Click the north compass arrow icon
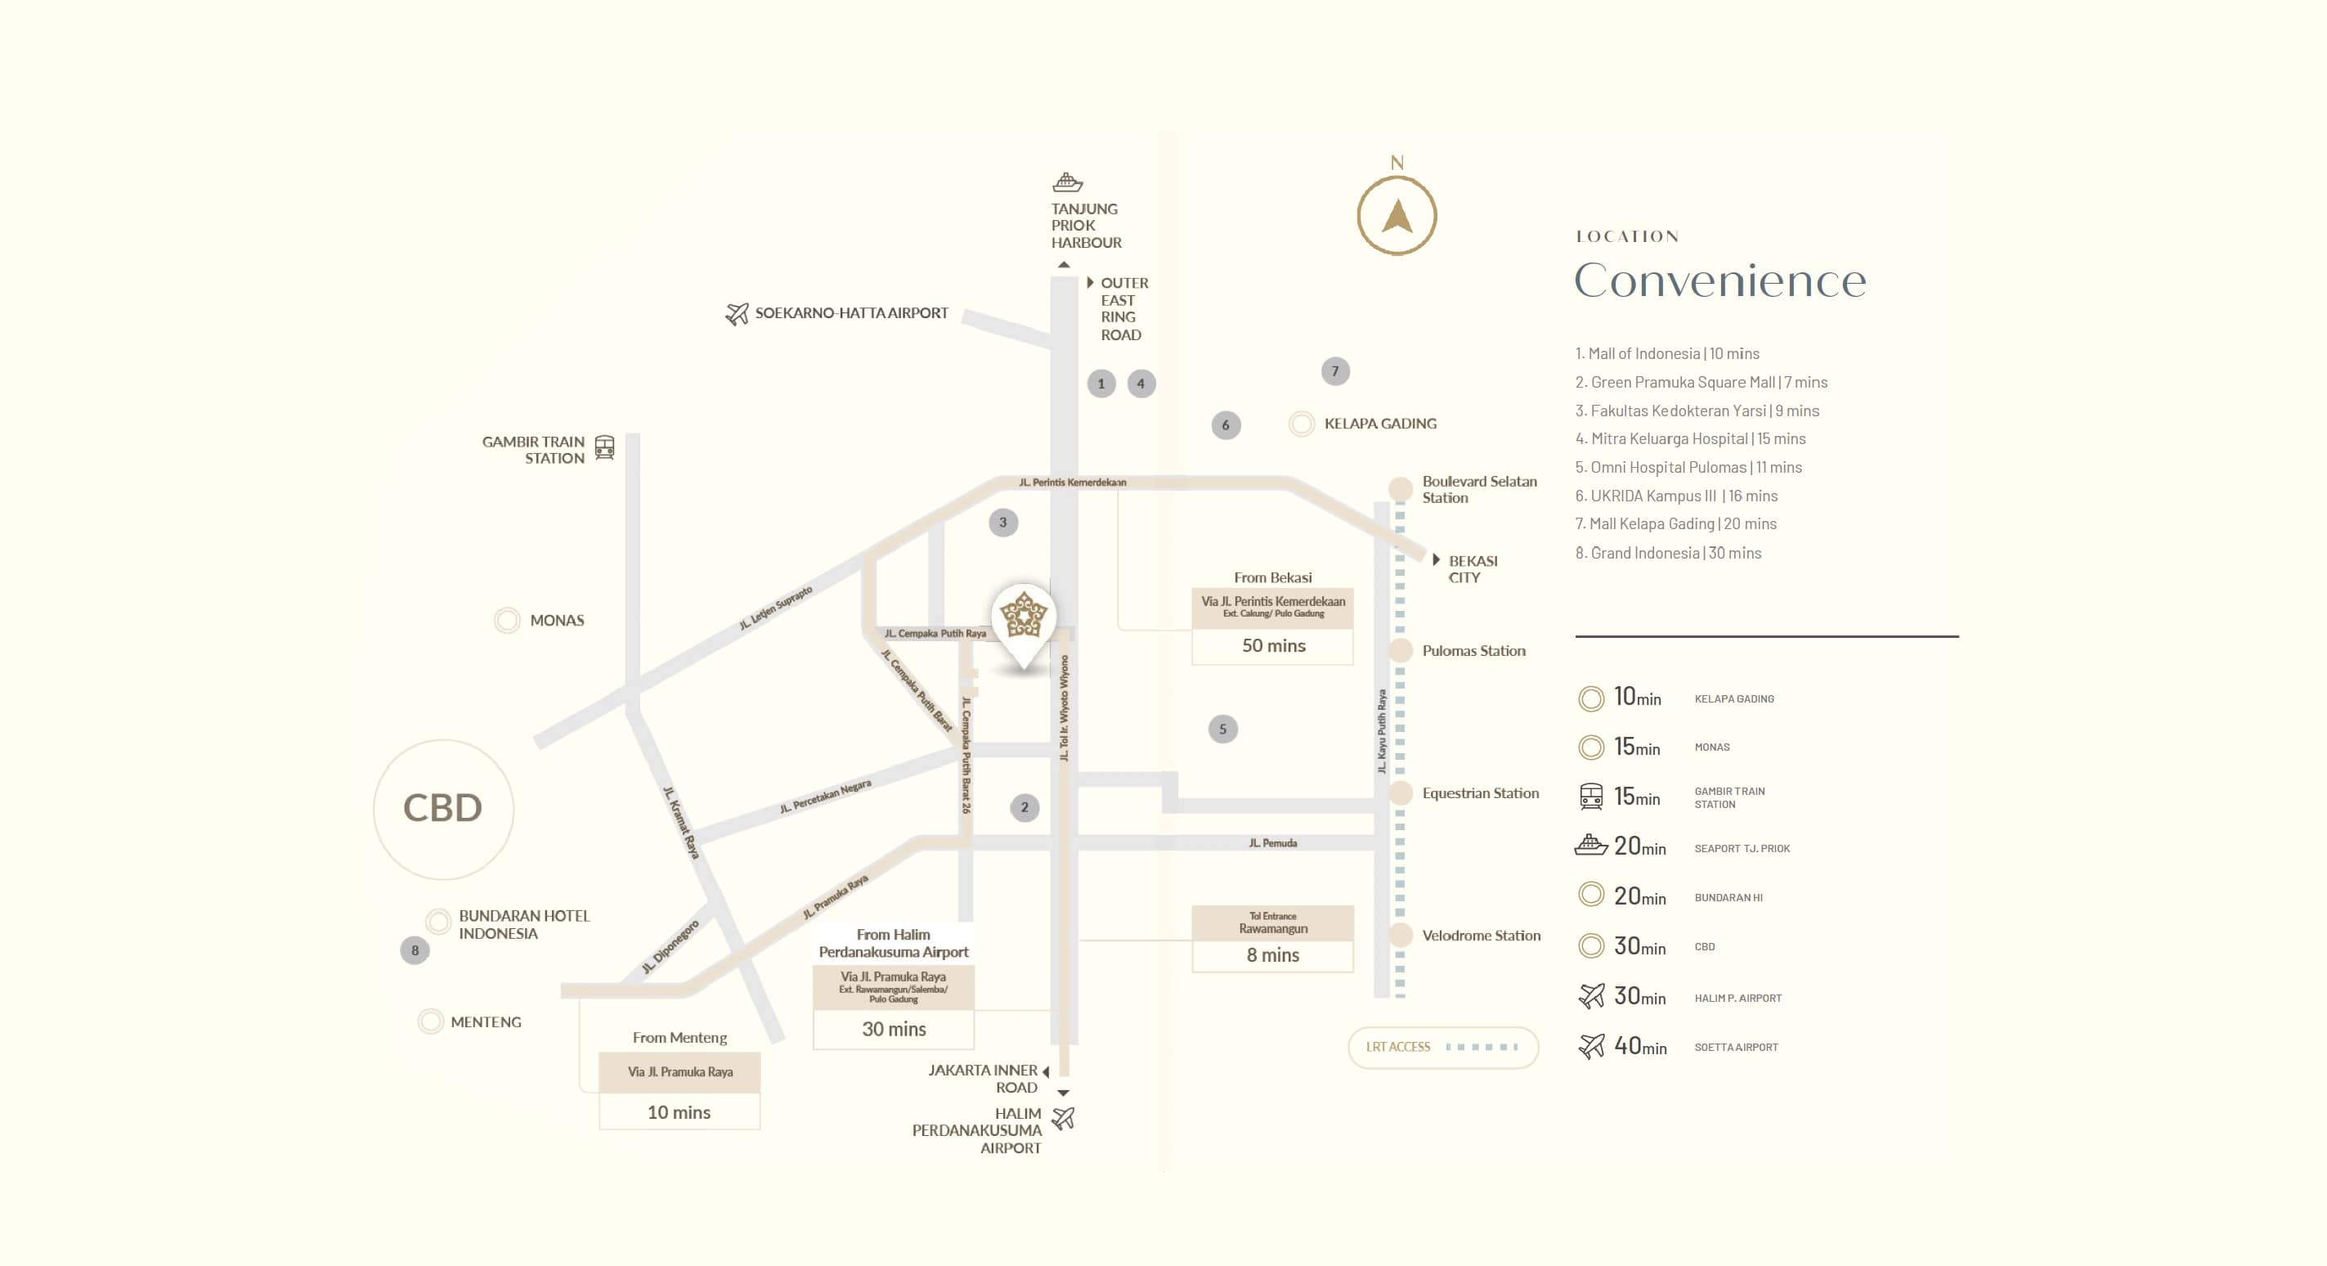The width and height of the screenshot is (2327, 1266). coord(1397,216)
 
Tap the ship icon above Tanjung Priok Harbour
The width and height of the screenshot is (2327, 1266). coord(1067,182)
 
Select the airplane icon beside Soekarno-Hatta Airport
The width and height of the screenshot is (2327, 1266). coord(738,313)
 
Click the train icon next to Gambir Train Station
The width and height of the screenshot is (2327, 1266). coord(604,447)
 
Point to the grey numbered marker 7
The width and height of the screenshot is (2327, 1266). coord(1335,371)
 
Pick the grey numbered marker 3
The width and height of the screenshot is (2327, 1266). coord(1002,523)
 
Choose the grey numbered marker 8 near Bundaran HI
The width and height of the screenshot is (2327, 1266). coord(415,949)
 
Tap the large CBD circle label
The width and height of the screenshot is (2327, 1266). coord(442,809)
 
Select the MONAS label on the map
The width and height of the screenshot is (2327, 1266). coord(557,620)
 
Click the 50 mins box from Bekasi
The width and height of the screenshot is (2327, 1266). coord(1273,645)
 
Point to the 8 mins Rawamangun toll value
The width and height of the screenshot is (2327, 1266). coord(1273,955)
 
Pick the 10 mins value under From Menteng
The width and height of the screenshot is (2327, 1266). coord(679,1112)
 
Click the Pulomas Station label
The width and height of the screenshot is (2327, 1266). coord(1473,651)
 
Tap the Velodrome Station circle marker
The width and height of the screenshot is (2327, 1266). coord(1400,936)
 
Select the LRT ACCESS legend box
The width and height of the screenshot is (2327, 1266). coord(1442,1047)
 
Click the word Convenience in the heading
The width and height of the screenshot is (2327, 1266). coord(1720,281)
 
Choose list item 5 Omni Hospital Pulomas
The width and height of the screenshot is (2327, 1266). coord(1688,467)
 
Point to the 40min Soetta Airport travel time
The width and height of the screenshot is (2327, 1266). coord(1639,1047)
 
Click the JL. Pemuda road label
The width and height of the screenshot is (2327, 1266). coord(1273,843)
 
